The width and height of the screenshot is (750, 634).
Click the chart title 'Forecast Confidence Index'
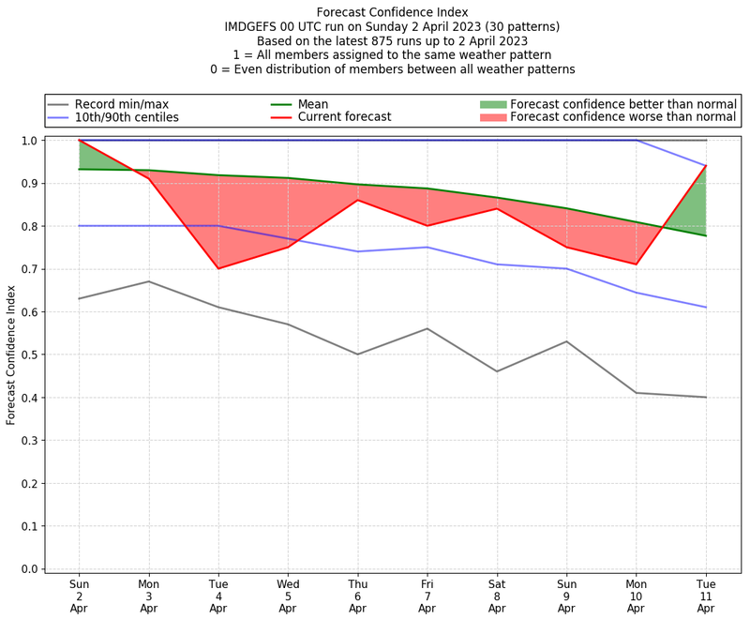pos(392,12)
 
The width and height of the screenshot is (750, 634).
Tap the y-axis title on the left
pos(11,355)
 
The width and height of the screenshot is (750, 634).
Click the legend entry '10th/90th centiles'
pos(127,117)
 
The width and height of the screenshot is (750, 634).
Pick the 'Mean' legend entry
pos(315,103)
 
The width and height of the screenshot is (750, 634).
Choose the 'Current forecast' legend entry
pos(344,117)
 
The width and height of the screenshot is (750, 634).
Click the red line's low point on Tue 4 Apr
pos(218,269)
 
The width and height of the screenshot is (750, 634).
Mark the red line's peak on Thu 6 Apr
pos(357,200)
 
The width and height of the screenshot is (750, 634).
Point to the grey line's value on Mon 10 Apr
pos(637,393)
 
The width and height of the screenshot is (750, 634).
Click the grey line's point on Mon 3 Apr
pos(149,281)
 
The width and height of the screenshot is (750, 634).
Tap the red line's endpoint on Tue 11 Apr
pos(706,166)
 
